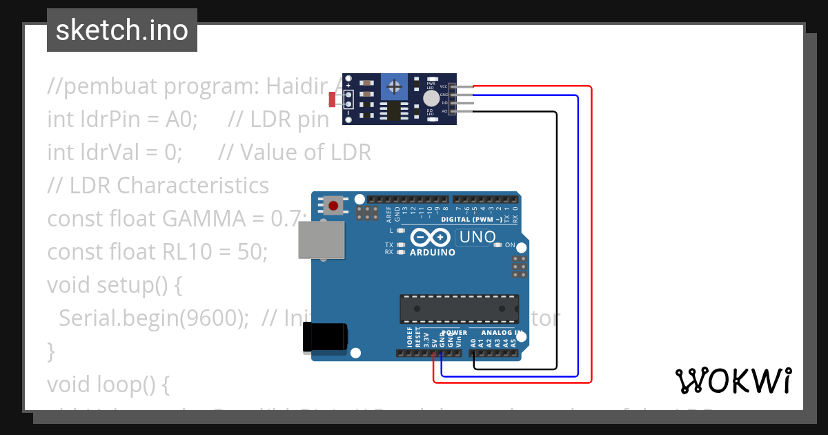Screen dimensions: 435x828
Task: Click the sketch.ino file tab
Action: coord(121,30)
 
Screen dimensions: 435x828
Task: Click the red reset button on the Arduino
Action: coord(334,205)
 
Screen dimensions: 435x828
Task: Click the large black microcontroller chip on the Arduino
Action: coord(459,309)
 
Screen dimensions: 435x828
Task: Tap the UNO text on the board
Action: coord(476,238)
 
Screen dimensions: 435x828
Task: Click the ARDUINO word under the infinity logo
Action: coord(433,253)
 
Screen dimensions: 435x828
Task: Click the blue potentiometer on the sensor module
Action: coord(395,87)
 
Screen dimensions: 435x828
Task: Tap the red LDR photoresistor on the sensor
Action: coord(333,99)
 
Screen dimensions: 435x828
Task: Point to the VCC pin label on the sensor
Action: coord(444,86)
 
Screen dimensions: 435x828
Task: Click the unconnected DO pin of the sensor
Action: coord(464,103)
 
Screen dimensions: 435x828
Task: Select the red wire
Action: coord(591,235)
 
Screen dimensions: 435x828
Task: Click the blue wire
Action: coord(578,235)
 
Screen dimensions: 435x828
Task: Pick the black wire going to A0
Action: coord(556,235)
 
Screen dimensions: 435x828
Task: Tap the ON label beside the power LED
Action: coord(510,245)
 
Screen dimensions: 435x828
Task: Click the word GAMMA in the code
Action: coord(205,219)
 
